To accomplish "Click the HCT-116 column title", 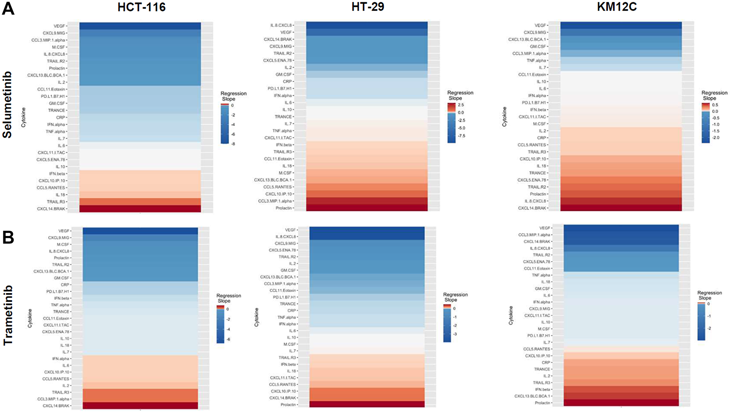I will [141, 7].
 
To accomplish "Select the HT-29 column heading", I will [368, 7].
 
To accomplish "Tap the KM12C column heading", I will [617, 7].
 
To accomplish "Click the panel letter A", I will [8, 8].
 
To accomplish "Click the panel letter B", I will [8, 237].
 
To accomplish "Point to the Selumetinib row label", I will [7, 105].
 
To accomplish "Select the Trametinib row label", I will [8, 315].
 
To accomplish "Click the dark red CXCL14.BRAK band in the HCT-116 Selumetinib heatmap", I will [140, 209].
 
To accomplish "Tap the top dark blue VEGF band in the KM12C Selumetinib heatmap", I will [621, 25].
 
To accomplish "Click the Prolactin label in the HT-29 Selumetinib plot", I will [284, 208].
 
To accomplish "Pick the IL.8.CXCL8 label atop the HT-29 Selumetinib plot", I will [281, 25].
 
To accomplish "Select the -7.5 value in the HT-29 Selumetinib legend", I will [462, 136].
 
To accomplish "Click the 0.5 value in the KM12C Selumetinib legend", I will [715, 105].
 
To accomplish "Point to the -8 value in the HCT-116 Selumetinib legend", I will [233, 144].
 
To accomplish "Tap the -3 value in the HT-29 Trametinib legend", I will [455, 334].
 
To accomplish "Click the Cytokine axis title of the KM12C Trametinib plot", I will [511, 315].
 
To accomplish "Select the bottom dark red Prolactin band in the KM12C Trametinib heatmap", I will [621, 403].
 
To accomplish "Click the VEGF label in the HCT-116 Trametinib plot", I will [64, 231].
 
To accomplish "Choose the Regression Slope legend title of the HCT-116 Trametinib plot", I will [228, 298].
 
